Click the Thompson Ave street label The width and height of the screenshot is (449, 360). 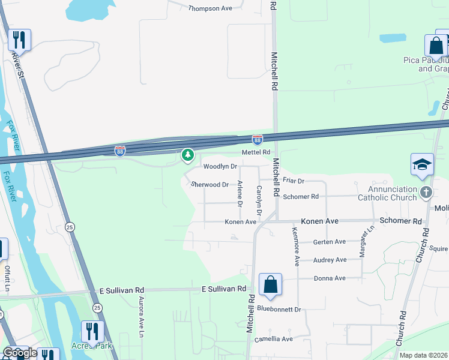pos(210,8)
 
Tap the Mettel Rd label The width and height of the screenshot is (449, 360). pos(256,153)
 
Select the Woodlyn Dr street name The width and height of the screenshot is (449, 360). pos(220,166)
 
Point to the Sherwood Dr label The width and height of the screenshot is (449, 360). pos(210,185)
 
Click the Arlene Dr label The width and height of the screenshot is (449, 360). pos(240,194)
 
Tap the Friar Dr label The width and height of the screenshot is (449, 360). pos(294,181)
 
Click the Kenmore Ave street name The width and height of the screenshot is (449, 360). pos(295,246)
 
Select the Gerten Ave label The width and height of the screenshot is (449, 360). pos(330,242)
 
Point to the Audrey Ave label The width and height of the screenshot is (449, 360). pos(330,260)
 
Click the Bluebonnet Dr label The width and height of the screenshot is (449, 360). pos(279,309)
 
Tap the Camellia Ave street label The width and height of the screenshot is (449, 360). pos(273,339)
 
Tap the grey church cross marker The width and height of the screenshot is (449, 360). pos(426,193)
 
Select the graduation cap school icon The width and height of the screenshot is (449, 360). pos(422,164)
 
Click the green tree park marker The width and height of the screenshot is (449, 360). pos(188,155)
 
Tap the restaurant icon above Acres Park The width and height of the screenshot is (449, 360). pos(92,331)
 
